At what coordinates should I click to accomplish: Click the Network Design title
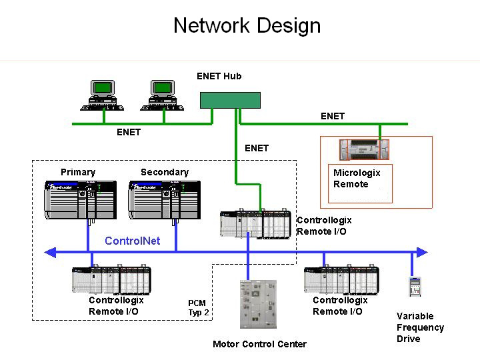[x=247, y=26]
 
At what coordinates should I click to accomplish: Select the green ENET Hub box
[x=230, y=100]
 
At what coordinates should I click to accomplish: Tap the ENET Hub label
[x=219, y=76]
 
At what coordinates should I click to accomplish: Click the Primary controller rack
[x=81, y=199]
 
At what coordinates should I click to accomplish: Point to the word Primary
[x=78, y=172]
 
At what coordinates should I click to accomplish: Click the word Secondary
[x=165, y=172]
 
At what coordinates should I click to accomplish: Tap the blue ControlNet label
[x=133, y=241]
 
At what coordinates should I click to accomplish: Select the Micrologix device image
[x=364, y=149]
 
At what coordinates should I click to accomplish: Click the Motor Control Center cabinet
[x=257, y=303]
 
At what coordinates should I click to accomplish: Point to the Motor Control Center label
[x=259, y=344]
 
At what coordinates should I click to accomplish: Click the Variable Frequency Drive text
[x=420, y=327]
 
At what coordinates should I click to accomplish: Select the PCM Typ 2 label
[x=198, y=307]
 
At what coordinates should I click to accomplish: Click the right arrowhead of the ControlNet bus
[x=422, y=252]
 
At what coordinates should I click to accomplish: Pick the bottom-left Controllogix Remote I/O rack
[x=111, y=280]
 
